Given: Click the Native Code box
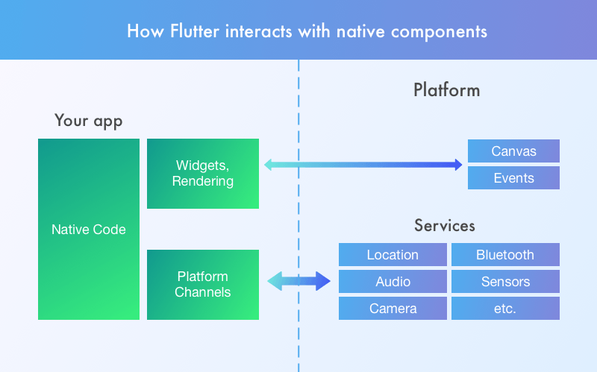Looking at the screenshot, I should (x=88, y=229).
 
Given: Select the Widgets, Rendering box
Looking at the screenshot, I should (x=203, y=173).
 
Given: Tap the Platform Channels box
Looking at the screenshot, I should (x=203, y=284).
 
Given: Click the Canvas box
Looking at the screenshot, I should (x=513, y=151).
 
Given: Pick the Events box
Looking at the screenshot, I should (x=513, y=178).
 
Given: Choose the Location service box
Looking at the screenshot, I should (x=393, y=255).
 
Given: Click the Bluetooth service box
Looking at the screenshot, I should (x=505, y=255).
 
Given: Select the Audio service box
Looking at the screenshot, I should (x=393, y=282).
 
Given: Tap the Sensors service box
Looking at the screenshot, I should (x=505, y=282).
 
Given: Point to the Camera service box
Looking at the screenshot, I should (x=393, y=309).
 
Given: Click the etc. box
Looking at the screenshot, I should (x=505, y=309).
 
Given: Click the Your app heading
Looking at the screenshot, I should (x=88, y=121).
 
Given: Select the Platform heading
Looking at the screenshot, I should (x=446, y=91).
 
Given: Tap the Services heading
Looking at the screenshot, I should (x=444, y=225).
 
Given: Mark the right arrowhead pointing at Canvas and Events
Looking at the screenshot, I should (x=457, y=165).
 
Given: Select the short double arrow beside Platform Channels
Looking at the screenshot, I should (x=298, y=281).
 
